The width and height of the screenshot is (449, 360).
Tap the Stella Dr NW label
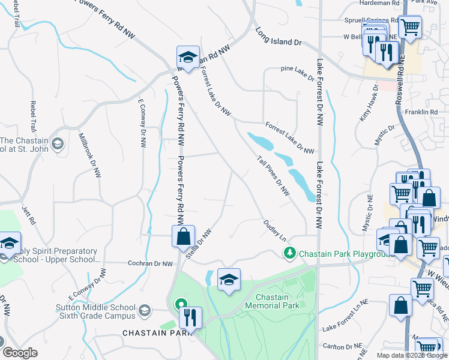[199, 244]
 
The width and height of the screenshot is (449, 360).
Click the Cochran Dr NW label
[150, 263]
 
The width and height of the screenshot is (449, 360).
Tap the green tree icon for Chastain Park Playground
[291, 253]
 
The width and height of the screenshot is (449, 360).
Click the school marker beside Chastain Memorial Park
[228, 280]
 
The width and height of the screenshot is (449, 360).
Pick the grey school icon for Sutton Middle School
[144, 310]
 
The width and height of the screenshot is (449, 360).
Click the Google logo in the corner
[20, 353]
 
